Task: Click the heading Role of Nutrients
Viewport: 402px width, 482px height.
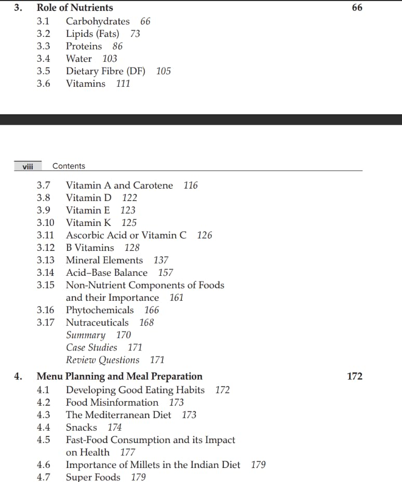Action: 74,8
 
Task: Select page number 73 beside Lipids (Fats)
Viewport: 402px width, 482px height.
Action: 135,34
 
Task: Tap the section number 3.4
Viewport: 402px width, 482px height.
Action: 44,59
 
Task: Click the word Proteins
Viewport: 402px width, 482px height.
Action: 84,46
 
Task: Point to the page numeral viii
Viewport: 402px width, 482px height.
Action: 28,166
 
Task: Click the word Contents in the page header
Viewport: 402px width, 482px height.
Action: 69,166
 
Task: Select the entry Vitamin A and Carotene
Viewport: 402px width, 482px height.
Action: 119,185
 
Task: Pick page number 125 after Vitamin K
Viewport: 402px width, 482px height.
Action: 129,223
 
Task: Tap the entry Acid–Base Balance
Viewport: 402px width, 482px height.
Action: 106,273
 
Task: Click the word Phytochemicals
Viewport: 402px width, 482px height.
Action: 100,310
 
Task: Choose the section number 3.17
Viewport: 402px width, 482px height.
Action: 45,323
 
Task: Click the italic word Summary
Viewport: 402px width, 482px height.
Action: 85,335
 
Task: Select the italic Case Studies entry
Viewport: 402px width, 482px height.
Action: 91,347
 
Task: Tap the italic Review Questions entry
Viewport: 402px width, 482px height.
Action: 102,360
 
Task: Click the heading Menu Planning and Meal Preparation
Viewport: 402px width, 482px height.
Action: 119,377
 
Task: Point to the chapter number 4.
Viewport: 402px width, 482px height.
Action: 18,377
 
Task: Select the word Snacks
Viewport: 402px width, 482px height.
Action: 82,427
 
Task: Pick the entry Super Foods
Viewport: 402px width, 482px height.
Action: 93,477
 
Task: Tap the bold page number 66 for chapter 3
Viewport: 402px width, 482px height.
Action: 357,8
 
